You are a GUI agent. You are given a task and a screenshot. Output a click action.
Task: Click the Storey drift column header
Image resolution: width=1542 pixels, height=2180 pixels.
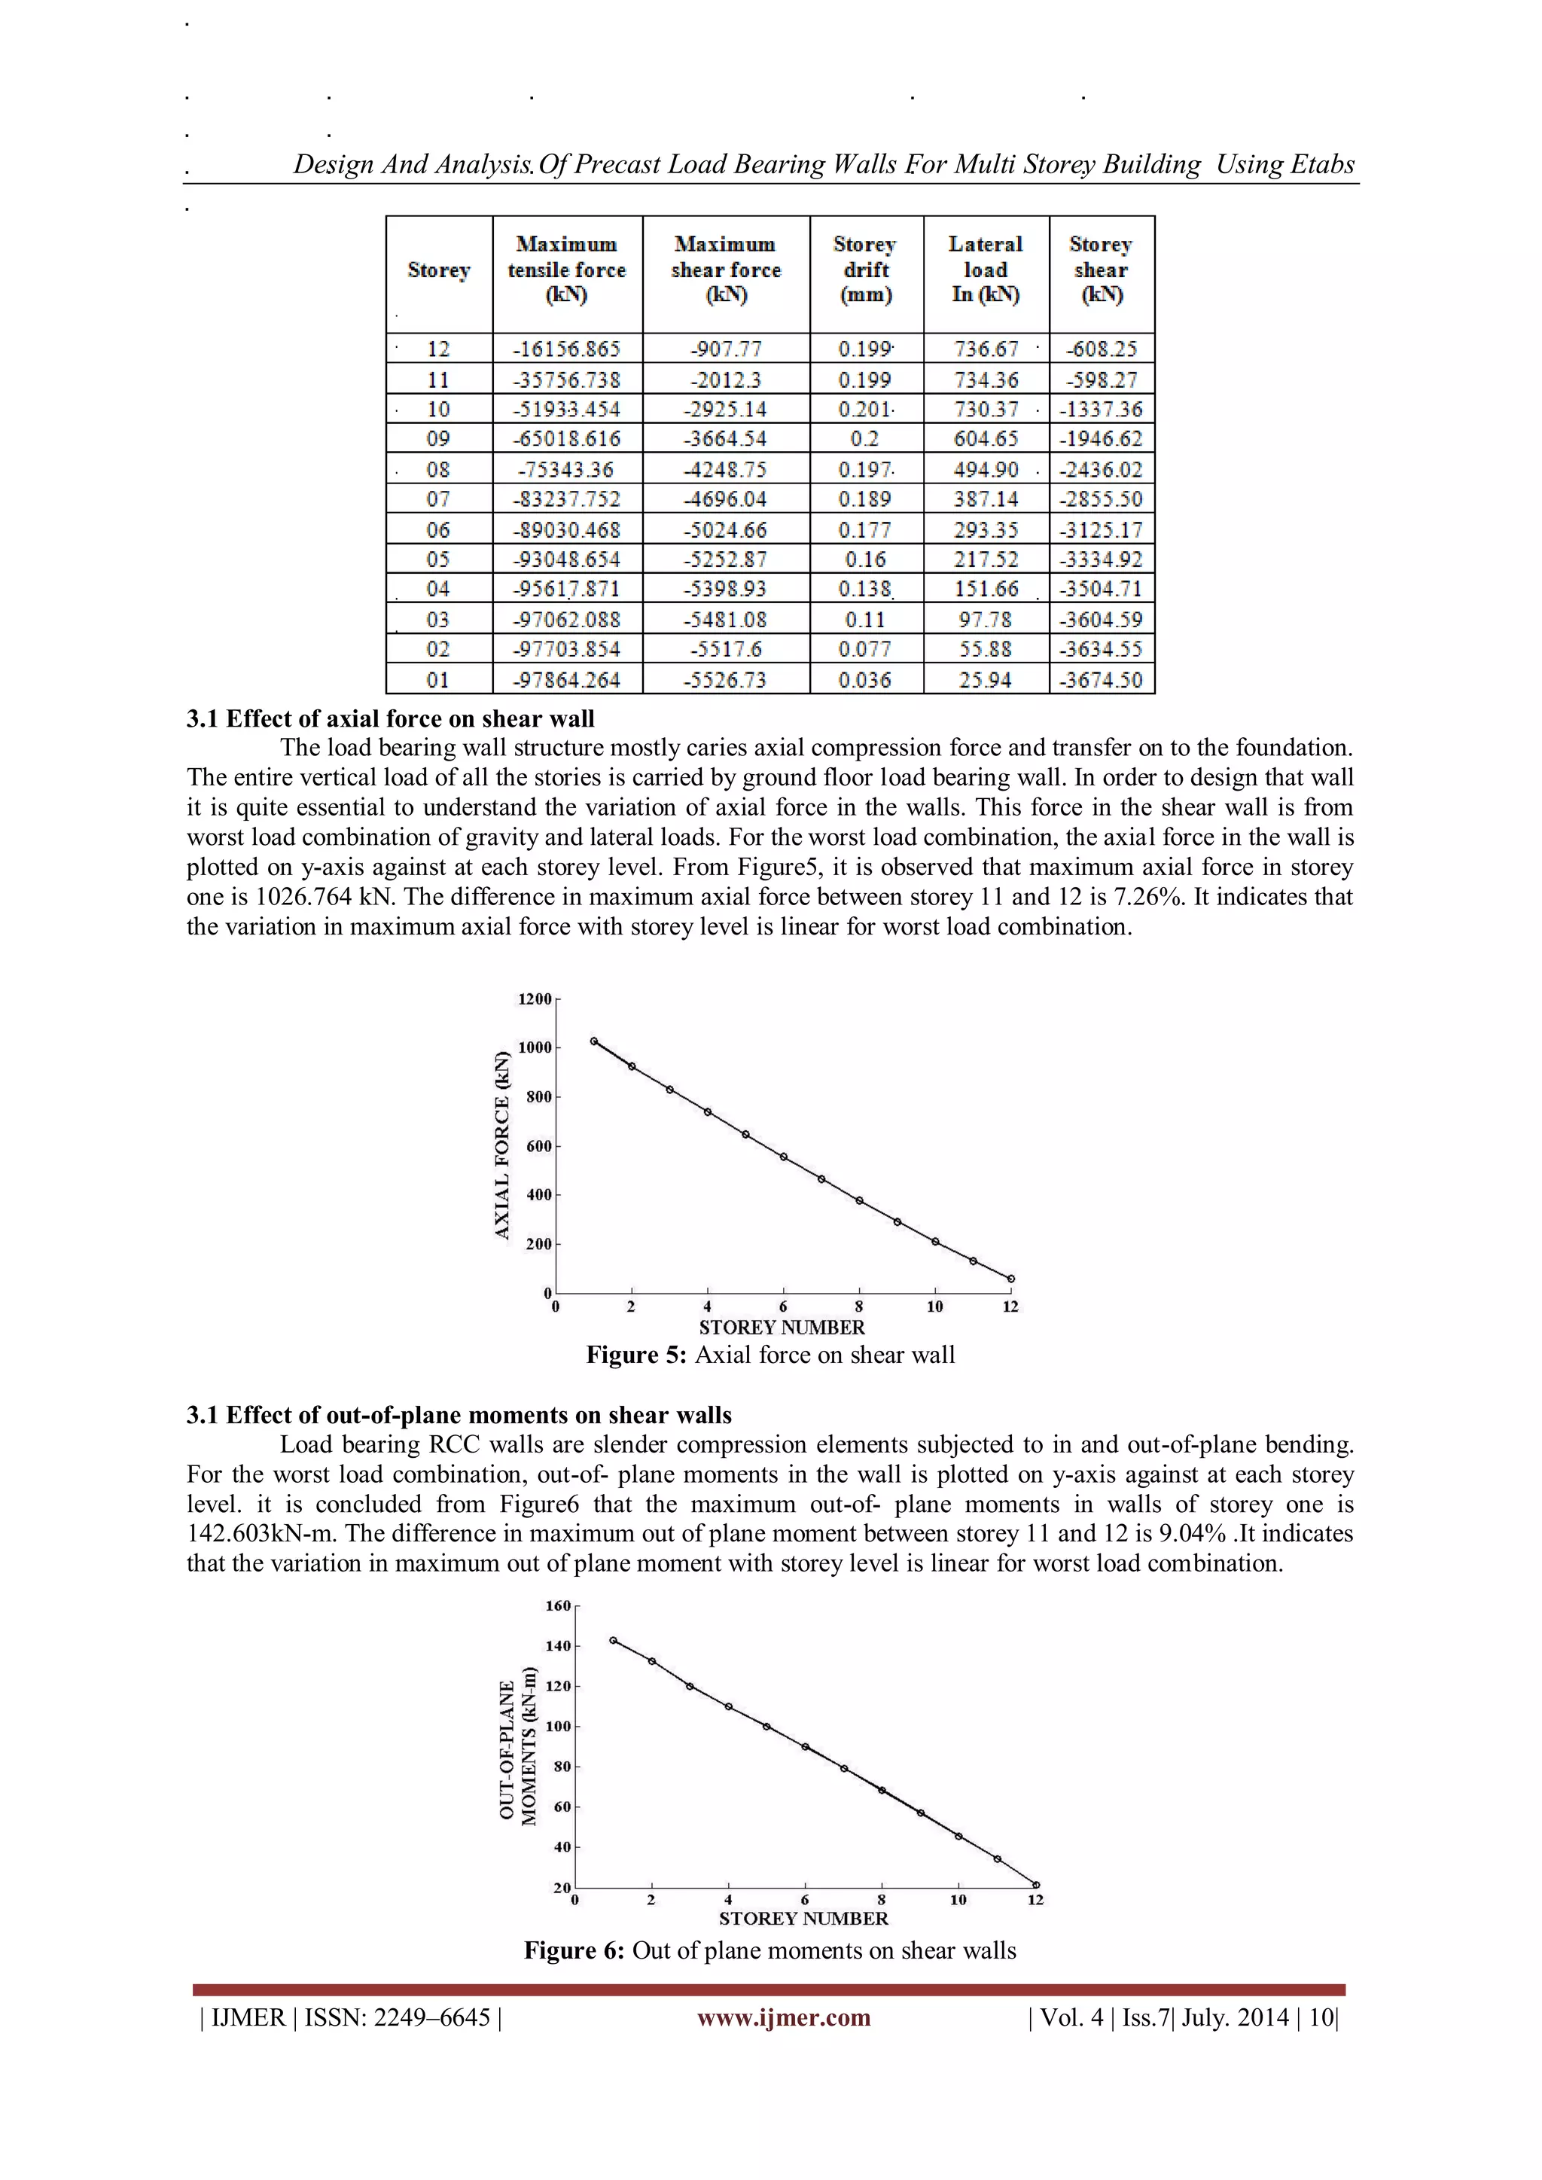(x=865, y=270)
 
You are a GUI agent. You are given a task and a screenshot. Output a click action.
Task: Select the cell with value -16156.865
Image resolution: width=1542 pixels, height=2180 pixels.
(x=567, y=349)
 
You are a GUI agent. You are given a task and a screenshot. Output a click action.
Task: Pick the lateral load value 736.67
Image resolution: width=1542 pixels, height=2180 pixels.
(x=986, y=349)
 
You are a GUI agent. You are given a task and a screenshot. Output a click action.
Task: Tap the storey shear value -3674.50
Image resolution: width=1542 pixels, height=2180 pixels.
(x=1102, y=680)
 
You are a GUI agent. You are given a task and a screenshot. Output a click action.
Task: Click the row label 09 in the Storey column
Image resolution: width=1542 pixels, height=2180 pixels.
(x=437, y=439)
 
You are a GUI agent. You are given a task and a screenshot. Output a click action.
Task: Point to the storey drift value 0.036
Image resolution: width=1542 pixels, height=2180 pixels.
(x=865, y=680)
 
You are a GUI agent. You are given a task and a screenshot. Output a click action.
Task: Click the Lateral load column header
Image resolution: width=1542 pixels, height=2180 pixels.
(x=986, y=270)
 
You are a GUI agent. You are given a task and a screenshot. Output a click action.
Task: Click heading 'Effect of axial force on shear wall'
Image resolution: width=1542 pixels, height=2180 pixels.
(x=390, y=718)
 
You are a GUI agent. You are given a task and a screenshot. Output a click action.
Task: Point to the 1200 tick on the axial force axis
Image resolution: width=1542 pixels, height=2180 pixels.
(x=535, y=999)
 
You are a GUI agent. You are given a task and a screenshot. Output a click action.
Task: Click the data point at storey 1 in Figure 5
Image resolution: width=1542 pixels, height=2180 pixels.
(x=594, y=1041)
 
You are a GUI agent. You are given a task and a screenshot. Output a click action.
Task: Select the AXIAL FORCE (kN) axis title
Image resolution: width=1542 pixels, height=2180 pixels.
(x=502, y=1146)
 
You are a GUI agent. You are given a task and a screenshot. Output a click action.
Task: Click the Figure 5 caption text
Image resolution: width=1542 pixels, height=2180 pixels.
(x=770, y=1355)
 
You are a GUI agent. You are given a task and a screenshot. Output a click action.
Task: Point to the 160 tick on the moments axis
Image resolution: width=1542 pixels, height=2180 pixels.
(x=559, y=1605)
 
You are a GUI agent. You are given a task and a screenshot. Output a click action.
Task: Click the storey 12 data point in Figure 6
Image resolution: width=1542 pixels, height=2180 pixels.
(x=1036, y=1885)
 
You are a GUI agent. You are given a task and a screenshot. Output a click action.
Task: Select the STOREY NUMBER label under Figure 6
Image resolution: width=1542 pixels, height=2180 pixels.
(x=803, y=1918)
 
